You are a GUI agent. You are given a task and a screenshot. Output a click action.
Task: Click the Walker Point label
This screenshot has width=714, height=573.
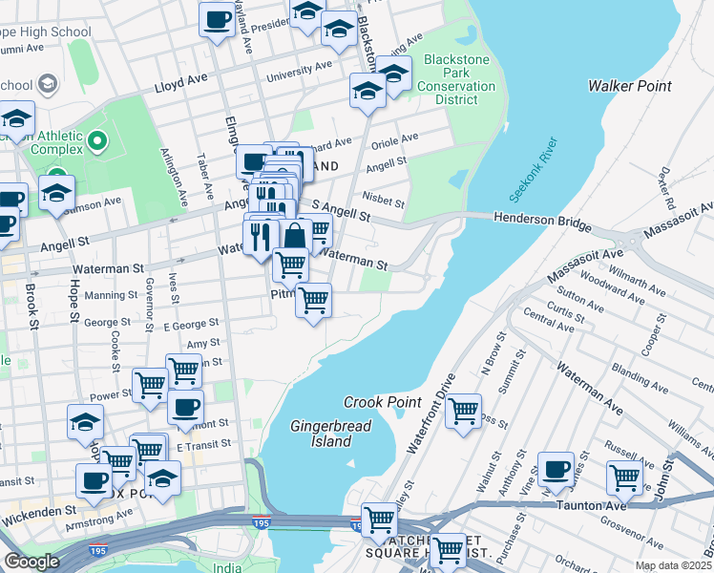click(x=629, y=86)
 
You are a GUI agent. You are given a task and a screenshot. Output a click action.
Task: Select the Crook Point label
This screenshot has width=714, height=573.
click(x=383, y=403)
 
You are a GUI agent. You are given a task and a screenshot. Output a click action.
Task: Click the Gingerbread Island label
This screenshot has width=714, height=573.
click(x=321, y=434)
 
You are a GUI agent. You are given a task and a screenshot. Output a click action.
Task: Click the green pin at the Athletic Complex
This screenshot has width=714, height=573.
click(x=96, y=143)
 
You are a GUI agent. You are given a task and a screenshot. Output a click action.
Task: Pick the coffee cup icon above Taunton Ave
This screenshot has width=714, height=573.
click(x=556, y=469)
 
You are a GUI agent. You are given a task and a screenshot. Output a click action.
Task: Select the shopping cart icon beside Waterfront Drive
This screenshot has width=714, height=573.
click(x=463, y=411)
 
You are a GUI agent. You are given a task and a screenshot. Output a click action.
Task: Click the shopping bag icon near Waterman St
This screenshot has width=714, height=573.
click(x=295, y=236)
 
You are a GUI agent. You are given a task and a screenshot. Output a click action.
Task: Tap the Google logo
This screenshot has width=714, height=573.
click(x=31, y=562)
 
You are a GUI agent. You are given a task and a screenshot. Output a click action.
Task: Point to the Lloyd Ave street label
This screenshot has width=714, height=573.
click(x=181, y=85)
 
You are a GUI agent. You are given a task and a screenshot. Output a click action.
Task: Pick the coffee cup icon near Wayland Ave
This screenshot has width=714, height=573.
click(x=217, y=19)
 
